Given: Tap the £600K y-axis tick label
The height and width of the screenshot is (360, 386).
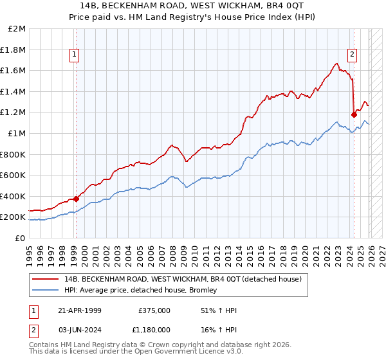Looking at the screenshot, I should (x=14, y=175).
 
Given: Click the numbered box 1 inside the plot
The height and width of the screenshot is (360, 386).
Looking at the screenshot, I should (x=76, y=55).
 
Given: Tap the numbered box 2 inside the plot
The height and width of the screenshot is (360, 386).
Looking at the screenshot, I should (x=353, y=55).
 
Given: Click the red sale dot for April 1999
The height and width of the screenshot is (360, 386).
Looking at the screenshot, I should (x=77, y=199).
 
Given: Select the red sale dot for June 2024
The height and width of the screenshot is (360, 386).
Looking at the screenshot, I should (x=354, y=114).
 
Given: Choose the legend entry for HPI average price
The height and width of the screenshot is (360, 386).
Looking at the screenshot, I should (x=140, y=290).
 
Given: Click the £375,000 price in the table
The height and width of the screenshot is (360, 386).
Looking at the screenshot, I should (x=154, y=310).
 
